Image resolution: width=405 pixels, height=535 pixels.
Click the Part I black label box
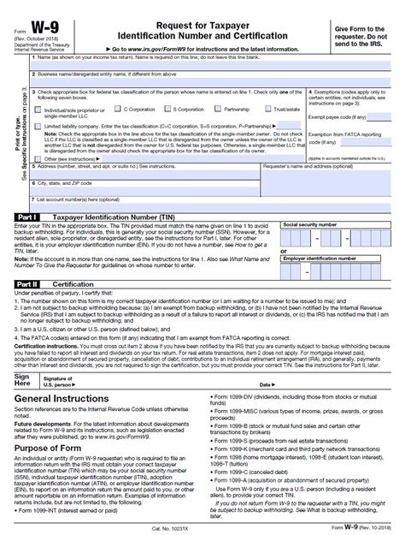(x=26, y=218)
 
